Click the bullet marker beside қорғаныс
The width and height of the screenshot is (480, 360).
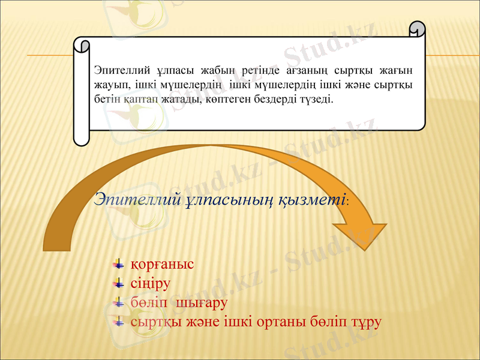point(118,264)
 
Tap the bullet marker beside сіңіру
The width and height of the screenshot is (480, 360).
point(118,283)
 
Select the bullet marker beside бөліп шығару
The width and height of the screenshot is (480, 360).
point(118,302)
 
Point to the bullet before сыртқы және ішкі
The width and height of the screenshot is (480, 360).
point(118,322)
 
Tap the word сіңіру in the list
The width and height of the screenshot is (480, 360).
point(151,283)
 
